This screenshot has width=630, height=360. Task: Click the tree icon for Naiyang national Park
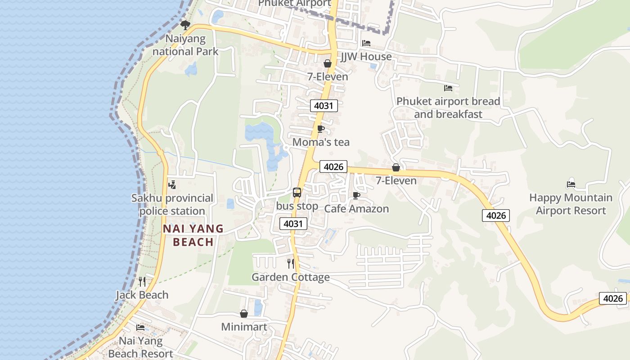185,25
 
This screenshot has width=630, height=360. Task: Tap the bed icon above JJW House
366,43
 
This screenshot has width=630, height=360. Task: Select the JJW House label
366,57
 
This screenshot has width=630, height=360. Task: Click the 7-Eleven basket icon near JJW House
328,63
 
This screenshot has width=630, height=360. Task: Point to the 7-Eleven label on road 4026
396,180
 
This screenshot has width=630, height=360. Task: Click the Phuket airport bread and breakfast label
448,108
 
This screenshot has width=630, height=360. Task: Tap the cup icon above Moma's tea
321,129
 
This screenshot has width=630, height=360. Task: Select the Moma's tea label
321,142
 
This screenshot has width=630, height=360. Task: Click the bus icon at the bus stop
297,193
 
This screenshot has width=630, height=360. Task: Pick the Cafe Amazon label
356,209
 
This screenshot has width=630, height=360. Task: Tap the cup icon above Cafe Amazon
356,195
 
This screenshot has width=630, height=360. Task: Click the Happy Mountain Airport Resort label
571,204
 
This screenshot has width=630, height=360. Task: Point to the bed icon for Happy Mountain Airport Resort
571,184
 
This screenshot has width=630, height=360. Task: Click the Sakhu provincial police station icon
172,184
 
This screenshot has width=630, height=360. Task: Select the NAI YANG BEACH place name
193,235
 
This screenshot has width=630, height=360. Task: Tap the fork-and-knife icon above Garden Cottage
291,263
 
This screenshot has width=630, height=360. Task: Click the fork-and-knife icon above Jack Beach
142,282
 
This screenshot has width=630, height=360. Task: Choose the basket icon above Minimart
244,313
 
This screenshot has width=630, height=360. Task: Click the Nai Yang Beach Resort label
140,347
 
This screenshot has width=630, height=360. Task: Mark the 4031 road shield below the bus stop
293,224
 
